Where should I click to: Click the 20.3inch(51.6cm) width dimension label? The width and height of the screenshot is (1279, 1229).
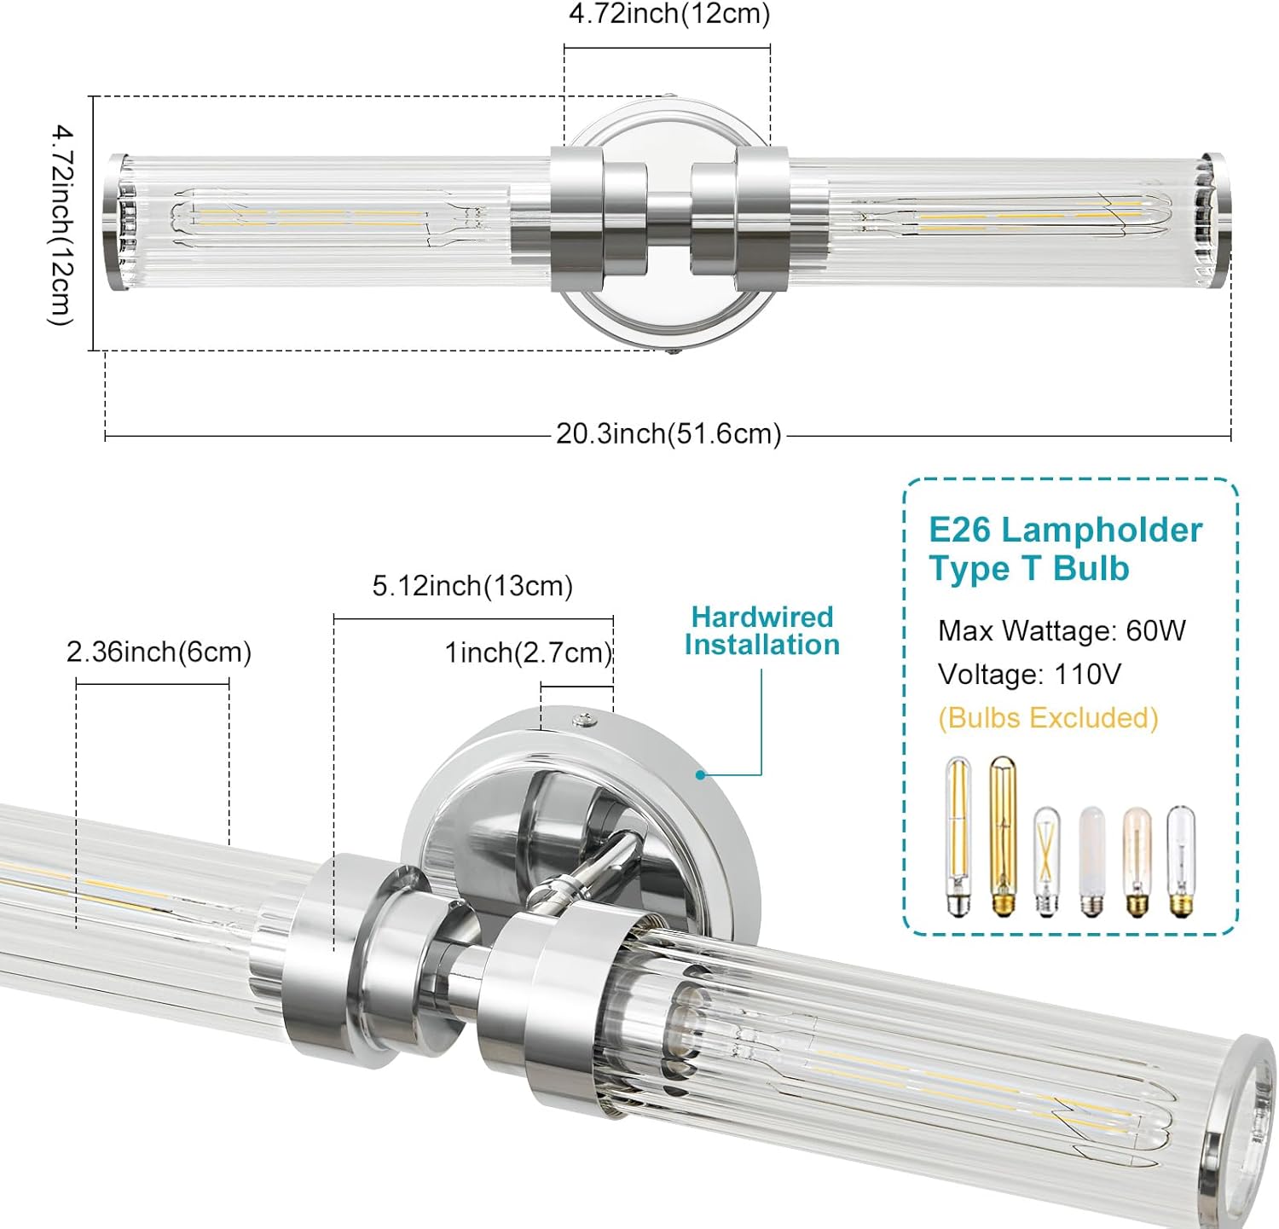point(668,434)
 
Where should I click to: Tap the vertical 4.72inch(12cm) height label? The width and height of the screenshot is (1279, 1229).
point(61,225)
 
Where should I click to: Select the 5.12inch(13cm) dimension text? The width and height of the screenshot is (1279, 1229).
point(472,587)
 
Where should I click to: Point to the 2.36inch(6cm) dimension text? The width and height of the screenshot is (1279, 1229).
point(159,652)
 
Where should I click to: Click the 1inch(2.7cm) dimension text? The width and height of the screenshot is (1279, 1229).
point(529,653)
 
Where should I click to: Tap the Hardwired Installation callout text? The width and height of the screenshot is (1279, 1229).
point(761,631)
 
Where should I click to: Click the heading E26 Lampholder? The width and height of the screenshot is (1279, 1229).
point(1065,530)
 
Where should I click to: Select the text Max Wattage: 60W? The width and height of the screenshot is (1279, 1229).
point(1062,631)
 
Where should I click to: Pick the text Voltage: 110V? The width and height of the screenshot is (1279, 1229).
point(1029,675)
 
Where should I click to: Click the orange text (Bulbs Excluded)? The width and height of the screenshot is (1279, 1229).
point(1048,718)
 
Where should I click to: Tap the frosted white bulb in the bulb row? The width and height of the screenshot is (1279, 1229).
point(1091,861)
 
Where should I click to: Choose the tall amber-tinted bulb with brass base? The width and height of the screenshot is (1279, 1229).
point(1003,836)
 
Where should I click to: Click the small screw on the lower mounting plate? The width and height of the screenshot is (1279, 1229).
point(584,721)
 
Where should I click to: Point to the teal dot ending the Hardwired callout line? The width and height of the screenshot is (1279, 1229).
point(700,774)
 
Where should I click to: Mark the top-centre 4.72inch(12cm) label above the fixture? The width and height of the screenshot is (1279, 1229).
point(669,14)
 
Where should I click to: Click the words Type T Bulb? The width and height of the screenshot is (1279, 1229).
point(1029,569)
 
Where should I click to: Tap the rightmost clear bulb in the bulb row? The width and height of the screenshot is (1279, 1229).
point(1181,861)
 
